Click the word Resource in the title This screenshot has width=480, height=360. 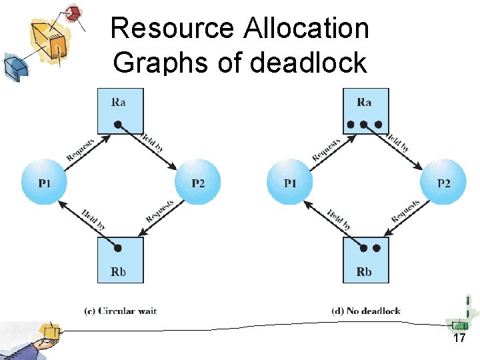[173, 29]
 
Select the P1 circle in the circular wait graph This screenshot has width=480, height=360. [44, 182]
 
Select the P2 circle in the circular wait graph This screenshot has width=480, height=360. [197, 182]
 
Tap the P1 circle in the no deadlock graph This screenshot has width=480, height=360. [289, 182]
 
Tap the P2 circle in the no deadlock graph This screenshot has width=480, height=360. [443, 182]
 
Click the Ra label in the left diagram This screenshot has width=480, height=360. [118, 102]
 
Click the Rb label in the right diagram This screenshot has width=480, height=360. [364, 271]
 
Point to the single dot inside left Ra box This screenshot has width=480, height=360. [117, 124]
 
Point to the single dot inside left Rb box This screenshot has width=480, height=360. [118, 248]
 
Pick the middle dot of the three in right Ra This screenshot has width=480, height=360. [364, 124]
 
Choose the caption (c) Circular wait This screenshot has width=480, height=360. [120, 311]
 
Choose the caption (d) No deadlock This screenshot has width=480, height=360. [366, 311]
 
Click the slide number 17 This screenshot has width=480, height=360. [459, 339]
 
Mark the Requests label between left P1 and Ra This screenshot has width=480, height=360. [81, 147]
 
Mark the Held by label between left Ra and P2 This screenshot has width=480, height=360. [152, 141]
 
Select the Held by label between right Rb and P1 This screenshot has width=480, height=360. [339, 219]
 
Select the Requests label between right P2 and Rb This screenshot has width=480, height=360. [405, 211]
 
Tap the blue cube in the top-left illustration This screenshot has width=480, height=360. [13, 65]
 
